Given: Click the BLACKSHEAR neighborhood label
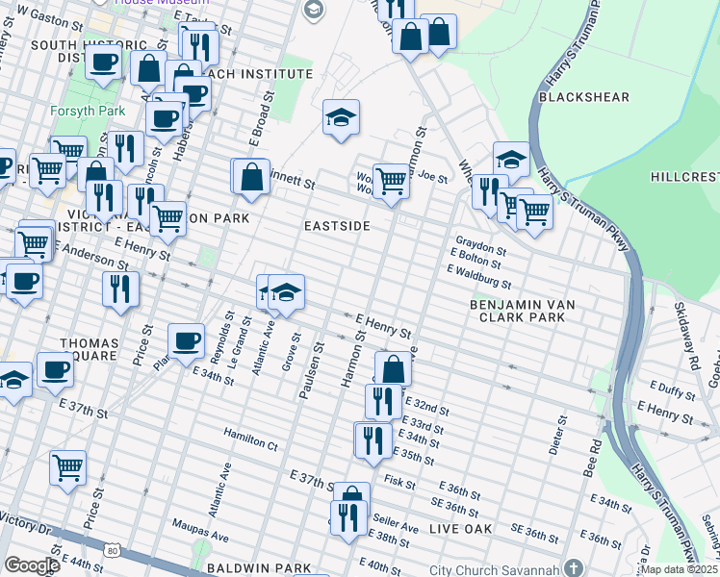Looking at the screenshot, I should tap(583, 97).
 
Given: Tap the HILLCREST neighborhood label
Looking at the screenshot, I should tap(683, 178).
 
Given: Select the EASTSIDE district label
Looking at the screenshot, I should tap(337, 225).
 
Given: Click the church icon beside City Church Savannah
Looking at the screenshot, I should tap(574, 567).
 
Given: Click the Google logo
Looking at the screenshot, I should tap(31, 565).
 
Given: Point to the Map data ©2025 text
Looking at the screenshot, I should tap(680, 569).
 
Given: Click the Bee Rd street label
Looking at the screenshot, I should tap(597, 454).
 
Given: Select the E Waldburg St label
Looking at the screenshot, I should tap(478, 277).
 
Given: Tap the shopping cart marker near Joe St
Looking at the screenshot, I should tap(391, 178).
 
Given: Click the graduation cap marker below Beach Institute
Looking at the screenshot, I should tap(341, 117).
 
